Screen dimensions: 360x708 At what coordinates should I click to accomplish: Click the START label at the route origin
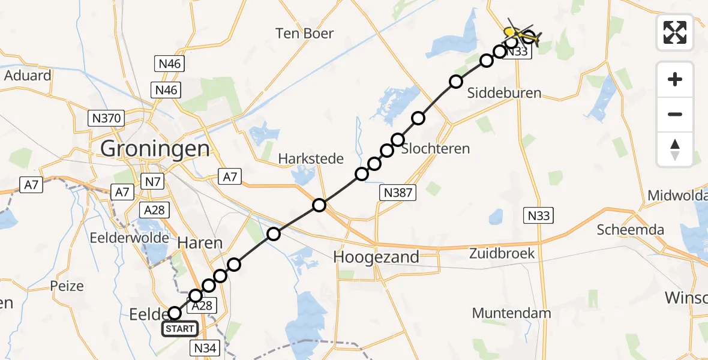180,329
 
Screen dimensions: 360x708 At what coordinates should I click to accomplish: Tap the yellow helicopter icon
520,35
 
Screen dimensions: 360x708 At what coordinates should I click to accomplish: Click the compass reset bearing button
675,149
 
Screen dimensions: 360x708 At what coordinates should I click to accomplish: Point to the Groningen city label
155,148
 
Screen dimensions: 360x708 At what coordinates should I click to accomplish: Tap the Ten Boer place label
304,33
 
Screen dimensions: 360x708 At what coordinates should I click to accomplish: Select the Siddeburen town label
496,93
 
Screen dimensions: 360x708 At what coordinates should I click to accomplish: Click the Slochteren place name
435,148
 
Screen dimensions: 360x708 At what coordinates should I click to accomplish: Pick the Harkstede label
311,159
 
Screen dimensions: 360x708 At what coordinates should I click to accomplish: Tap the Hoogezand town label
376,257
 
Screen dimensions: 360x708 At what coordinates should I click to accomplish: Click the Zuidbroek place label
502,253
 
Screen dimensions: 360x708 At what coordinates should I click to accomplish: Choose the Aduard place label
28,76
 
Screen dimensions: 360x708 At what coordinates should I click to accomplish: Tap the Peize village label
67,286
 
